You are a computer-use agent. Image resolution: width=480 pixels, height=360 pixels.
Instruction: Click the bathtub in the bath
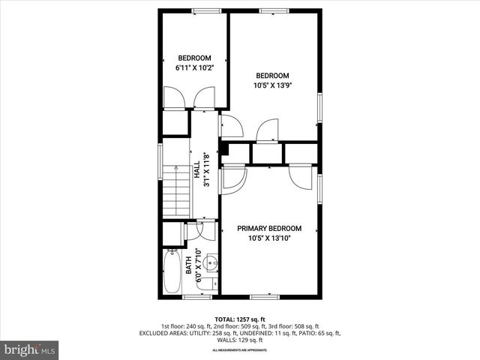click(x=170, y=274)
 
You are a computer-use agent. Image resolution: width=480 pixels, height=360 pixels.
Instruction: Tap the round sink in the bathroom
click(x=211, y=263)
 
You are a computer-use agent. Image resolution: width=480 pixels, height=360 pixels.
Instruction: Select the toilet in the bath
click(x=212, y=283)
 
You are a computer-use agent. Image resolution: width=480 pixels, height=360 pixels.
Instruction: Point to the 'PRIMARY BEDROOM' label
click(x=269, y=229)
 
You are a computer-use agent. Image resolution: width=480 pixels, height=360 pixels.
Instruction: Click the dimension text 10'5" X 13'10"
click(x=269, y=238)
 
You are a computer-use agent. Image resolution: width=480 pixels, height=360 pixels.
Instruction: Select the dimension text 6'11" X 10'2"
click(x=193, y=67)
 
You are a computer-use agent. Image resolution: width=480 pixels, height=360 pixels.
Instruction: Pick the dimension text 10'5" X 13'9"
click(x=273, y=85)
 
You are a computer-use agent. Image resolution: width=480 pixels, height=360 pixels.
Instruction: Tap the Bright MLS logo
click(x=30, y=349)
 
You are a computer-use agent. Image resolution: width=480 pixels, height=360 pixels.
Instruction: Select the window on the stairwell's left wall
click(x=160, y=163)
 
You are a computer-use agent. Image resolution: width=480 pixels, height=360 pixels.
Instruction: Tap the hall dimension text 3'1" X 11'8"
click(x=205, y=170)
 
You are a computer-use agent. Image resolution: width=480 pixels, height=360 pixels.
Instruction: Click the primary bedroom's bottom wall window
click(x=265, y=296)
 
